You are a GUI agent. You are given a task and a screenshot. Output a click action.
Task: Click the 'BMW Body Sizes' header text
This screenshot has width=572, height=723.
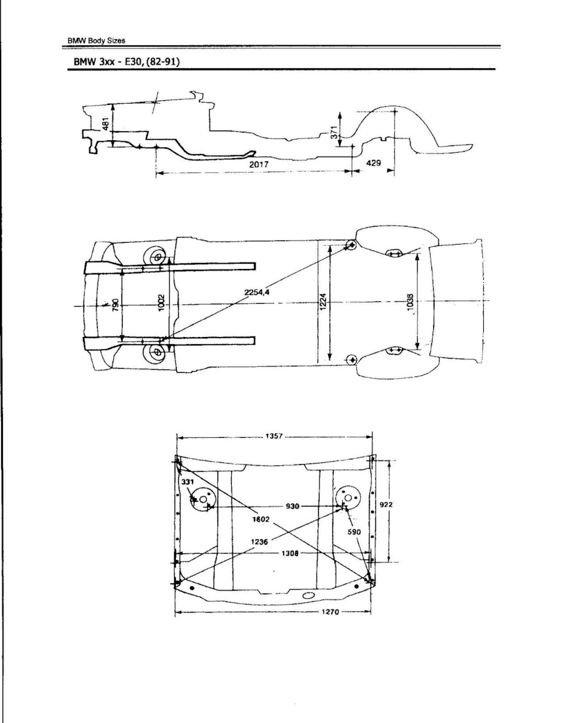click(x=97, y=41)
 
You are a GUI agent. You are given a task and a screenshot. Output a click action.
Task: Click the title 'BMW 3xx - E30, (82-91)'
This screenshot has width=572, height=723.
click(x=126, y=62)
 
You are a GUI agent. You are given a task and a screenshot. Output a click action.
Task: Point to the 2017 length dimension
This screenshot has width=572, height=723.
click(x=259, y=164)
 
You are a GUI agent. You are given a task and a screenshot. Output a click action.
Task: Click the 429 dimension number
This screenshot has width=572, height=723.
click(x=374, y=163)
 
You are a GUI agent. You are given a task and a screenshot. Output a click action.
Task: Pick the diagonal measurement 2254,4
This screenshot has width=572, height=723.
click(x=257, y=292)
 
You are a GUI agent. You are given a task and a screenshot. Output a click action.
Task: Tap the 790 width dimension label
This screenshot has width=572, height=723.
click(x=115, y=305)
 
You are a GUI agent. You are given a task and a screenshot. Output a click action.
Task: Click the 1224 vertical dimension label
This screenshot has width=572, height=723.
click(x=323, y=302)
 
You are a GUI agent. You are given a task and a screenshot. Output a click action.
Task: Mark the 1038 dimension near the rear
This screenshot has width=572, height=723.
click(x=410, y=302)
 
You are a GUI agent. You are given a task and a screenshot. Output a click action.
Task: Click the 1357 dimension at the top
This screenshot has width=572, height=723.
click(x=274, y=437)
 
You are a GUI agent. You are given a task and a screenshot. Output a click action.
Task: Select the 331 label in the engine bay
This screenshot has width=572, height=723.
click(x=188, y=482)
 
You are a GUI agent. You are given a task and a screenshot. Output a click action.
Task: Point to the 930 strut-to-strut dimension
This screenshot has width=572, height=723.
click(x=293, y=506)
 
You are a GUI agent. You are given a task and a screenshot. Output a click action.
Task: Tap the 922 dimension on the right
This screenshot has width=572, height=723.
click(x=386, y=504)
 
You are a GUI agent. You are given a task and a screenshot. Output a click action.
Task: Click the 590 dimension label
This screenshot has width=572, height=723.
click(x=354, y=532)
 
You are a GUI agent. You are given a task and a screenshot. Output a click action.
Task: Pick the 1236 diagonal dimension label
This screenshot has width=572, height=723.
click(x=260, y=542)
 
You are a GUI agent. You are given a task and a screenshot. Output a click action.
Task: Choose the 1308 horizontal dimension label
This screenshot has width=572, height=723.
click(x=290, y=554)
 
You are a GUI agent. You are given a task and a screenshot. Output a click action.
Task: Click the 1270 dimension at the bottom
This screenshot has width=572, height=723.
click(x=330, y=612)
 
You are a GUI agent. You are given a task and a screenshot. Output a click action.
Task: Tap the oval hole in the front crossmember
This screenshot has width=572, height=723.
click(x=308, y=596)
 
